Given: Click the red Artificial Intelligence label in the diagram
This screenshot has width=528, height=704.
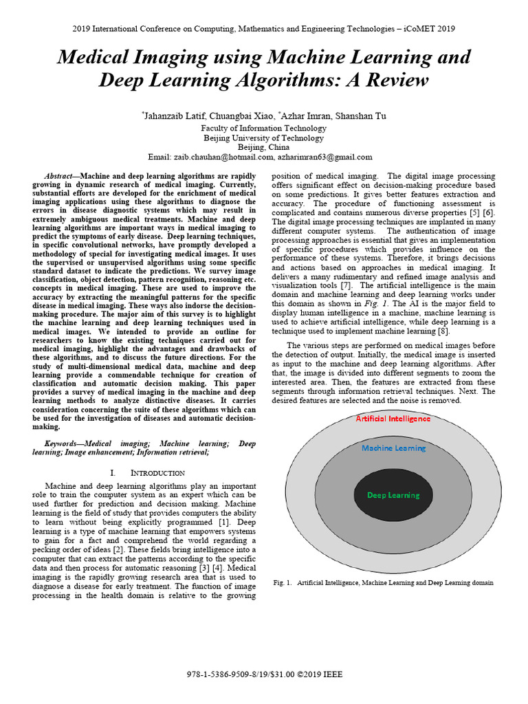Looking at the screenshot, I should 393,418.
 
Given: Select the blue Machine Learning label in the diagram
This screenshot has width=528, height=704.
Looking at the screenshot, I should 393,448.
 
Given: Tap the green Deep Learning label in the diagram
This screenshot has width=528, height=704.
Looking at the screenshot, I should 393,494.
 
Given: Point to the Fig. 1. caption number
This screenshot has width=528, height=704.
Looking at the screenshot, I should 283,583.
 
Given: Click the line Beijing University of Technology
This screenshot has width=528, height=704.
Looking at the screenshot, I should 264,137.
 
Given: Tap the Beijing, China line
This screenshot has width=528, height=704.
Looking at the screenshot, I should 264,147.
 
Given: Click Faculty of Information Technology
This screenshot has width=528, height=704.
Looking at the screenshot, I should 264,128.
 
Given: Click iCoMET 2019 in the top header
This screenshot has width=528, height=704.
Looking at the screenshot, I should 428,29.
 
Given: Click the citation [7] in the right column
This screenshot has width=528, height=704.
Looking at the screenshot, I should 346,285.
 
